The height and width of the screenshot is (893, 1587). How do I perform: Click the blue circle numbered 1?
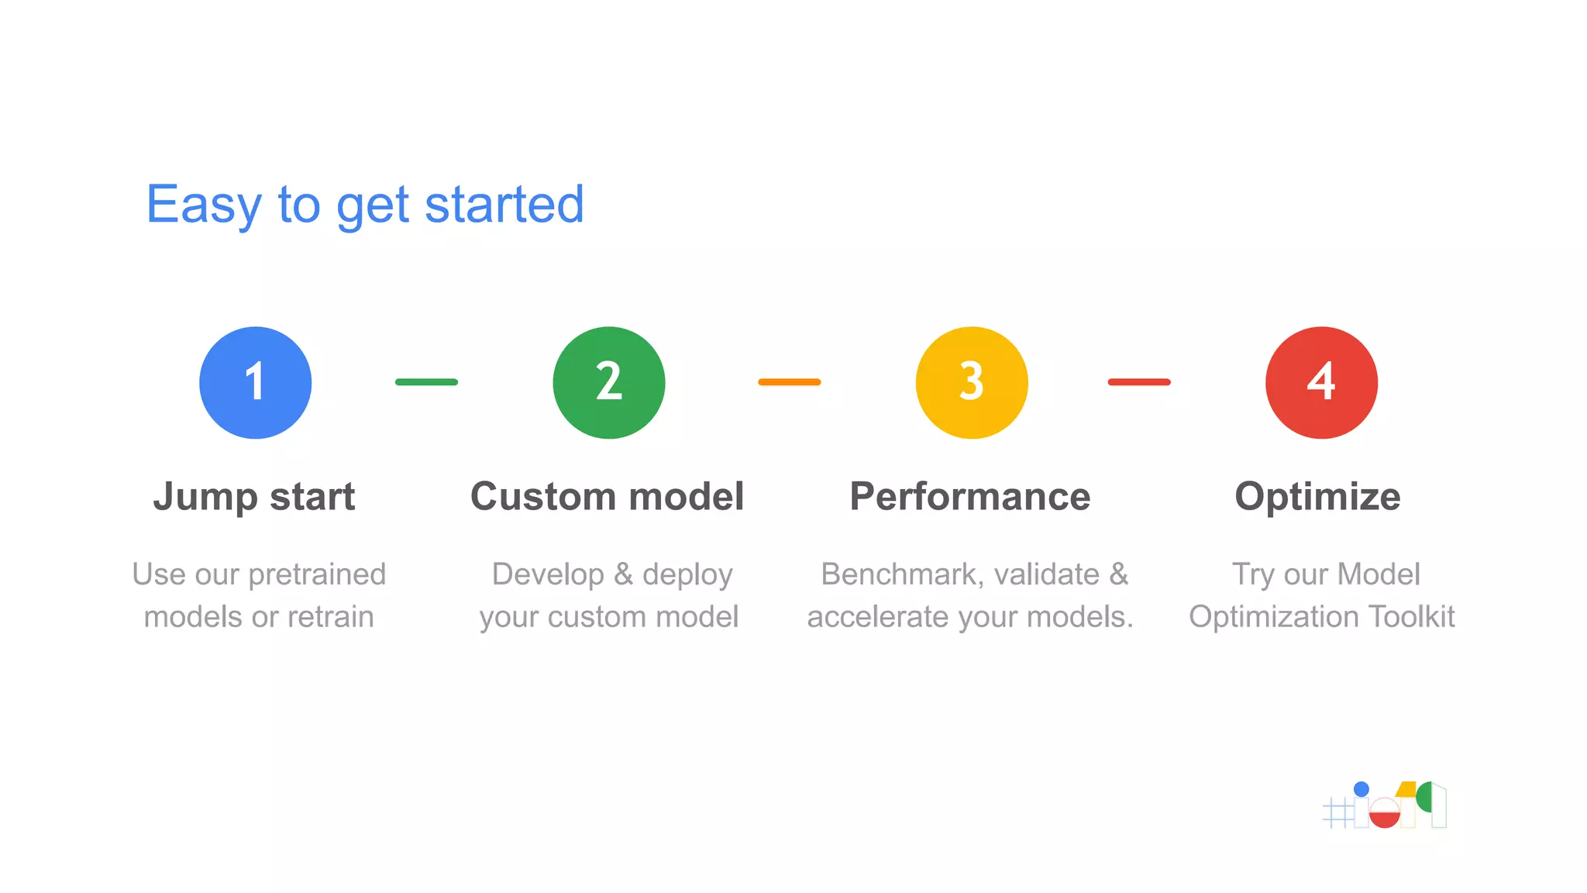(x=255, y=382)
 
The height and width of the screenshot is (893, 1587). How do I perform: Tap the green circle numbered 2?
(x=609, y=382)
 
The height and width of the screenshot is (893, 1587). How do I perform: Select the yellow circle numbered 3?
(x=972, y=382)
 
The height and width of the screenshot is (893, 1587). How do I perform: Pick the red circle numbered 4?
(x=1321, y=382)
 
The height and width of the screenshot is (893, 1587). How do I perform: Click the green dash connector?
(x=426, y=381)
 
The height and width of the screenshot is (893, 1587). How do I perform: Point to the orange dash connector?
(x=789, y=381)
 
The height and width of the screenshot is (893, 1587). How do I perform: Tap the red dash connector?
(x=1138, y=381)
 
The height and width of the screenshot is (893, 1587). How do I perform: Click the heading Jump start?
(x=254, y=496)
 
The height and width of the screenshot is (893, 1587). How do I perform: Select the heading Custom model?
(x=607, y=496)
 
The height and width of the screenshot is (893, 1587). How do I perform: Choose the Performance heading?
(x=969, y=496)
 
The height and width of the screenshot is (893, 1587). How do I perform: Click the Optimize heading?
(x=1317, y=496)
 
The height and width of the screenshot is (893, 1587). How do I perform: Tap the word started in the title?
(x=504, y=205)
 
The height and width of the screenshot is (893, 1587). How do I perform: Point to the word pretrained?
(x=317, y=574)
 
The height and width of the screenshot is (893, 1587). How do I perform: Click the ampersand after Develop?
(x=623, y=574)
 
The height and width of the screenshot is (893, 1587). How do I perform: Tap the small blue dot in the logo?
(x=1362, y=789)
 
